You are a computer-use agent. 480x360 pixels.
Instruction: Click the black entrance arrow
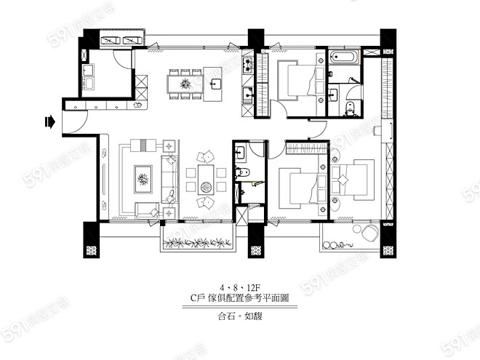point(49,122)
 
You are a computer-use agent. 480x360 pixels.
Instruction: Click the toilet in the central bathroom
point(243,172)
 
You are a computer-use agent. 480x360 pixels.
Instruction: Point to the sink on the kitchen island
point(215,83)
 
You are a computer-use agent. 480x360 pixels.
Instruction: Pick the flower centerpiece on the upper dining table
point(185,84)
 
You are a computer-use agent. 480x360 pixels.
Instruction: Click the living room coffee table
point(143,180)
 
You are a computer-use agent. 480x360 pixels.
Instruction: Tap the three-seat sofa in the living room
point(169,180)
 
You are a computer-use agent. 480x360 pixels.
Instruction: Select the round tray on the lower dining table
point(206,186)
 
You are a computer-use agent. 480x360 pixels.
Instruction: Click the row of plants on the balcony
point(198,243)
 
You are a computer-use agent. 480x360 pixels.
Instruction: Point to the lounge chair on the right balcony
point(369,233)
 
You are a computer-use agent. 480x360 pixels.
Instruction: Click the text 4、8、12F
point(240,288)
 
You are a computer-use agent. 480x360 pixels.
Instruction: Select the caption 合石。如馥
point(240,316)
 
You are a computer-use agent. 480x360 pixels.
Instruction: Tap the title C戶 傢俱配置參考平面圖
point(240,297)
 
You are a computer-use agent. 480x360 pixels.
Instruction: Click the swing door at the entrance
point(75,122)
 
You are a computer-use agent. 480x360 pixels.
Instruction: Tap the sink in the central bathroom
point(240,152)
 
